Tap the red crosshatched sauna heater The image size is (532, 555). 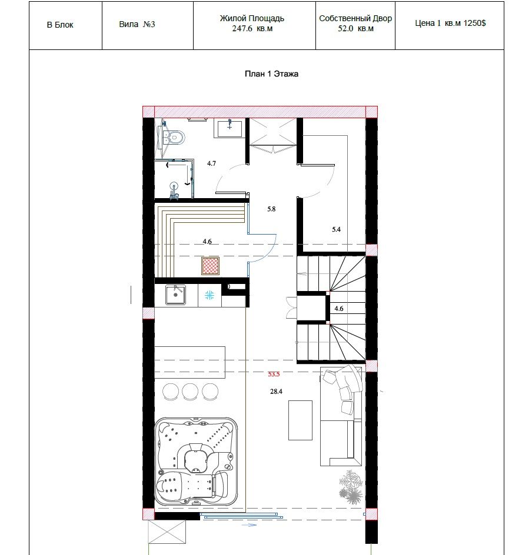(x=211, y=266)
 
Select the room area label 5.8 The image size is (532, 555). (x=271, y=209)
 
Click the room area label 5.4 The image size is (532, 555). (x=336, y=229)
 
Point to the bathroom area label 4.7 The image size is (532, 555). (x=211, y=163)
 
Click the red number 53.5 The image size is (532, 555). (x=274, y=374)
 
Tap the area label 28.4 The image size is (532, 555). (x=276, y=392)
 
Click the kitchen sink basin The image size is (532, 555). (x=175, y=295)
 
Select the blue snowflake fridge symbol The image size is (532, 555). (x=210, y=295)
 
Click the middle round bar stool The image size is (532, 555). (x=190, y=392)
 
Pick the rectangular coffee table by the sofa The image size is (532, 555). (x=300, y=420)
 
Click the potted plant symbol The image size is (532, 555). (x=351, y=487)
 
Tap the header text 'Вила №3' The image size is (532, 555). (x=137, y=25)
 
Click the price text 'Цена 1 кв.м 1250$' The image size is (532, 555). (x=450, y=24)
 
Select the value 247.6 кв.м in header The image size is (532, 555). (x=252, y=29)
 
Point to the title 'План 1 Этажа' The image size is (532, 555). (x=272, y=74)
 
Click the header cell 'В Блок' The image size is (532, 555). (x=60, y=25)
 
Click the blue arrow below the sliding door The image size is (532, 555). (x=249, y=525)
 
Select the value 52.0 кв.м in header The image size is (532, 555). (x=355, y=29)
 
